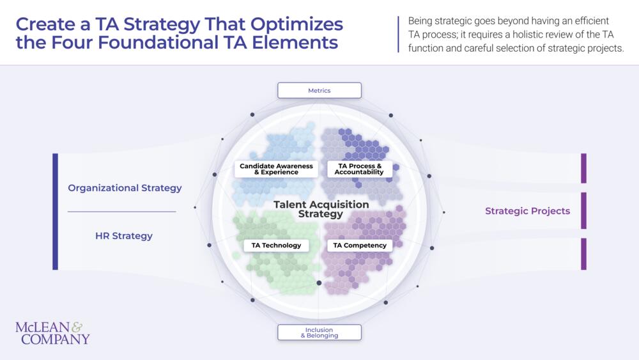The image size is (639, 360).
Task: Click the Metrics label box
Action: [x=319, y=90]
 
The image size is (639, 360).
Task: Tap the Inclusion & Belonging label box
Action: [x=319, y=333]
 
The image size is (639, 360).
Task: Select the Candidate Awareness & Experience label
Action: [x=276, y=169]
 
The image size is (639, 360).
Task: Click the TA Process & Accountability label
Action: [x=359, y=169]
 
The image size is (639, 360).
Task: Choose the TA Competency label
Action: [x=360, y=246]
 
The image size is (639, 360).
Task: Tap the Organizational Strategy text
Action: [x=125, y=188]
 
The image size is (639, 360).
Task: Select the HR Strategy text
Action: [x=124, y=236]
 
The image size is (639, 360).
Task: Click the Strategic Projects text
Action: [x=527, y=211]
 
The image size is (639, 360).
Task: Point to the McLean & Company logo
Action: [x=52, y=333]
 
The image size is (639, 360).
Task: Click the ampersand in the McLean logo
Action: [x=77, y=327]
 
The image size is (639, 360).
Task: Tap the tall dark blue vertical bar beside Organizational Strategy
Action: [x=55, y=211]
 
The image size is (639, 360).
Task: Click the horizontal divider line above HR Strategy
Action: [x=121, y=212]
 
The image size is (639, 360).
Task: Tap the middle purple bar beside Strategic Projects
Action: [x=583, y=210]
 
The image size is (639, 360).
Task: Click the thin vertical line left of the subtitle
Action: [x=399, y=34]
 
